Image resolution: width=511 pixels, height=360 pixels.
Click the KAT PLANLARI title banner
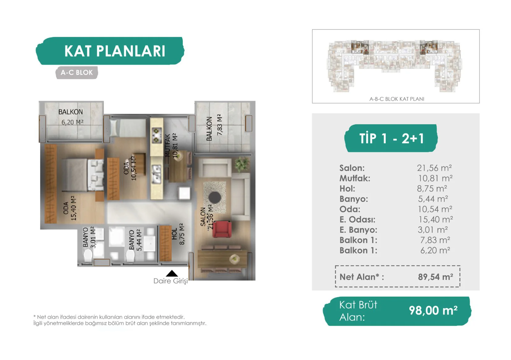pyautogui.click(x=110, y=51)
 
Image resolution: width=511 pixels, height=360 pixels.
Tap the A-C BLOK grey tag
pyautogui.click(x=77, y=73)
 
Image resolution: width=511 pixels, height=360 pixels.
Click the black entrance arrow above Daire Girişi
pyautogui.click(x=172, y=273)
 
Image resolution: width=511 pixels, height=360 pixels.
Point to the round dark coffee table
pyautogui.click(x=215, y=197)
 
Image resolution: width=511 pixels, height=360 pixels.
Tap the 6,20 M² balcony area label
pyautogui.click(x=72, y=123)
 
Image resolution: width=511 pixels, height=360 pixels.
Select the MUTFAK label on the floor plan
pyautogui.click(x=167, y=145)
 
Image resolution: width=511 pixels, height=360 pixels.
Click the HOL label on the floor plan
pyautogui.click(x=174, y=234)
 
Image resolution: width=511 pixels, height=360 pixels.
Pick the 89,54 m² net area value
pyautogui.click(x=435, y=277)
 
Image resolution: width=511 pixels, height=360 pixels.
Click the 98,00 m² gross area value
pyautogui.click(x=433, y=310)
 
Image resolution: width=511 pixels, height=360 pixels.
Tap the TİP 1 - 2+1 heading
pyautogui.click(x=391, y=138)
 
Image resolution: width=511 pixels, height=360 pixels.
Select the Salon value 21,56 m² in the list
pyautogui.click(x=434, y=168)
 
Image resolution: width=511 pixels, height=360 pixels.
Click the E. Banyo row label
pyautogui.click(x=358, y=230)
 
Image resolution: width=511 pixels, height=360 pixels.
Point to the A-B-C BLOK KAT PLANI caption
pyautogui.click(x=397, y=99)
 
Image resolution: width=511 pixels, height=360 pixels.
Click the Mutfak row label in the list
pyautogui.click(x=355, y=178)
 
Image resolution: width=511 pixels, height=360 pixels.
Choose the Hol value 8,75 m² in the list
pyautogui.click(x=432, y=189)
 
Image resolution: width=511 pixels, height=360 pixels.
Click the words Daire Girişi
pyautogui.click(x=171, y=281)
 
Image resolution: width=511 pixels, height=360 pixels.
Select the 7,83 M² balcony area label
pyautogui.click(x=219, y=125)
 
